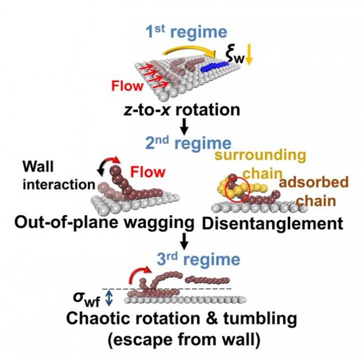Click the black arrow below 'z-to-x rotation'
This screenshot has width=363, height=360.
pyautogui.click(x=184, y=126)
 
